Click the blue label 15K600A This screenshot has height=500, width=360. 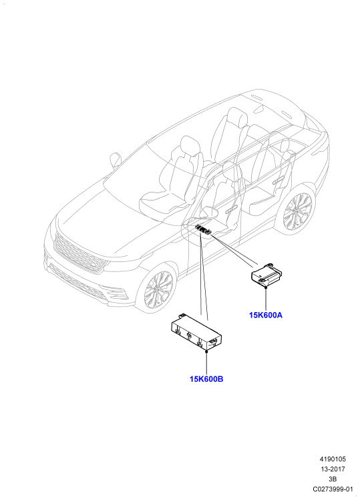pyautogui.click(x=266, y=315)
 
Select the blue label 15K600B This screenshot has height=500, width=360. pyautogui.click(x=206, y=379)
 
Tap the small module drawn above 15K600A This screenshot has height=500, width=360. pyautogui.click(x=267, y=274)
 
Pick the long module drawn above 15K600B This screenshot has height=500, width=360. pyautogui.click(x=196, y=332)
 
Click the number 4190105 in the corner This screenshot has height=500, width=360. pyautogui.click(x=333, y=459)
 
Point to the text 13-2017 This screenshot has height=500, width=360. pyautogui.click(x=333, y=469)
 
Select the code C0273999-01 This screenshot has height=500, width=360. pyautogui.click(x=333, y=489)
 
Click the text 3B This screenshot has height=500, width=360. pyautogui.click(x=333, y=479)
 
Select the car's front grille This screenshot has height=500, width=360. pyautogui.click(x=79, y=252)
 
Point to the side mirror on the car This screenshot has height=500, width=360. pyautogui.click(x=116, y=160)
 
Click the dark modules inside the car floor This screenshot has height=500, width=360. pyautogui.click(x=204, y=230)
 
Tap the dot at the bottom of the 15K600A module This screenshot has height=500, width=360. pyautogui.click(x=266, y=287)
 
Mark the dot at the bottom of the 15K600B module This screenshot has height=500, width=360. pyautogui.click(x=206, y=351)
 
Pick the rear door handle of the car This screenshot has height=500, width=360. pyautogui.click(x=279, y=180)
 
